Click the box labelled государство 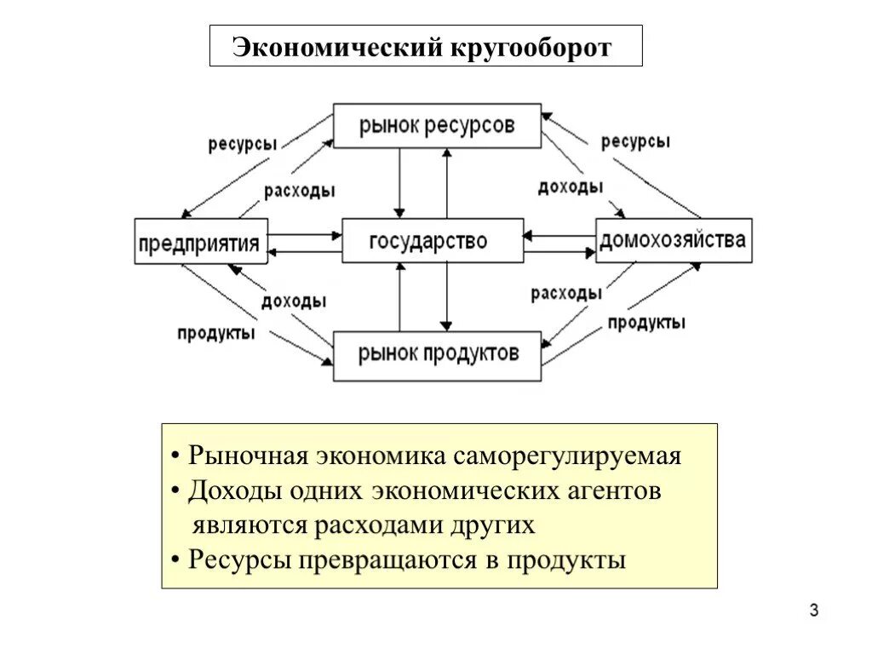coord(433,241)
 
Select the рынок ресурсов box coord(437,125)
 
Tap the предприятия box coord(201,242)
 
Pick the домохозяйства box coord(674,240)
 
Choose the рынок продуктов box coord(437,355)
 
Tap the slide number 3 coord(814,611)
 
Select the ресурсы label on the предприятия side coord(242,144)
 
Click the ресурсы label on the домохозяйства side coord(635,141)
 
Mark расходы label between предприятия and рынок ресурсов coord(299,191)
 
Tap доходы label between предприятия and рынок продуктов coord(293,301)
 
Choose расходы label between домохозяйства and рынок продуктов coord(566,294)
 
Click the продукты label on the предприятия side coord(215,333)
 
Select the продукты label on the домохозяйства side coord(646,323)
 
